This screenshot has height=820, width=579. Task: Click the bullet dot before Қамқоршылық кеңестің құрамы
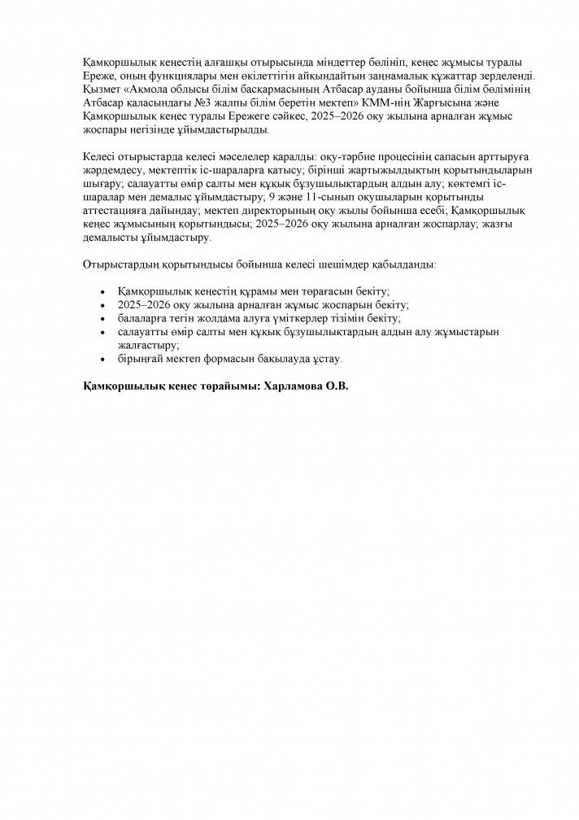click(x=101, y=291)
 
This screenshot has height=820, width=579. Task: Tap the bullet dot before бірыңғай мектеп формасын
click(x=101, y=359)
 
